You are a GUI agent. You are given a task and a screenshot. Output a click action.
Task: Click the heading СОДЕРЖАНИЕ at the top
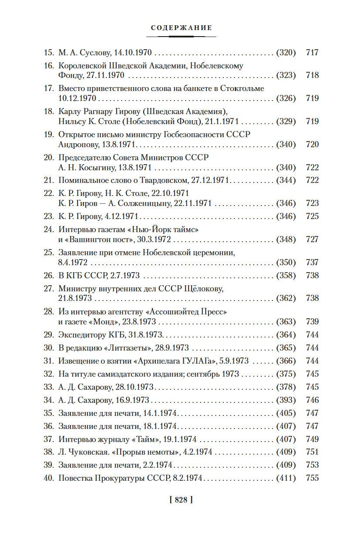pyautogui.click(x=181, y=28)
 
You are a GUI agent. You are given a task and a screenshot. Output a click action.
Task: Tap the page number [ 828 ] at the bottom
pyautogui.click(x=180, y=500)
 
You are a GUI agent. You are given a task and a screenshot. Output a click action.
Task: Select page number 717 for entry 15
pyautogui.click(x=313, y=53)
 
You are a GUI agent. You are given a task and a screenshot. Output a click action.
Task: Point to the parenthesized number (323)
pyautogui.click(x=286, y=75)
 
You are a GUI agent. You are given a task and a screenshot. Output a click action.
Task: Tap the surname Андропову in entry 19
pyautogui.click(x=77, y=145)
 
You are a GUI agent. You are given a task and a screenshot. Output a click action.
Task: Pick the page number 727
pyautogui.click(x=313, y=239)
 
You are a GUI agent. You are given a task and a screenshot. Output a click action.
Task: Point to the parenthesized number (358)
pyautogui.click(x=286, y=276)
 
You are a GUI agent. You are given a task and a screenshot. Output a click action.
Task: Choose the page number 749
pyautogui.click(x=313, y=439)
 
